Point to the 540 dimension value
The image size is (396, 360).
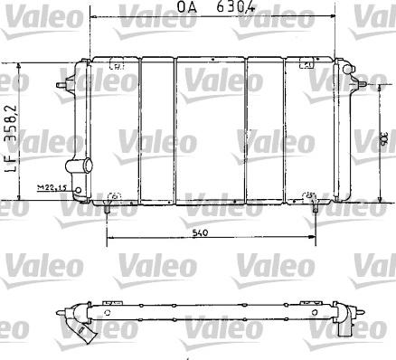tap(209, 233)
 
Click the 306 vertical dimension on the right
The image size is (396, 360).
tap(384, 140)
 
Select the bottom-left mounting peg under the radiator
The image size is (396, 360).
tap(108, 209)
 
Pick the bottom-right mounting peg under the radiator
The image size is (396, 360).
tap(315, 209)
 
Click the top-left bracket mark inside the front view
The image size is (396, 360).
tap(117, 65)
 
